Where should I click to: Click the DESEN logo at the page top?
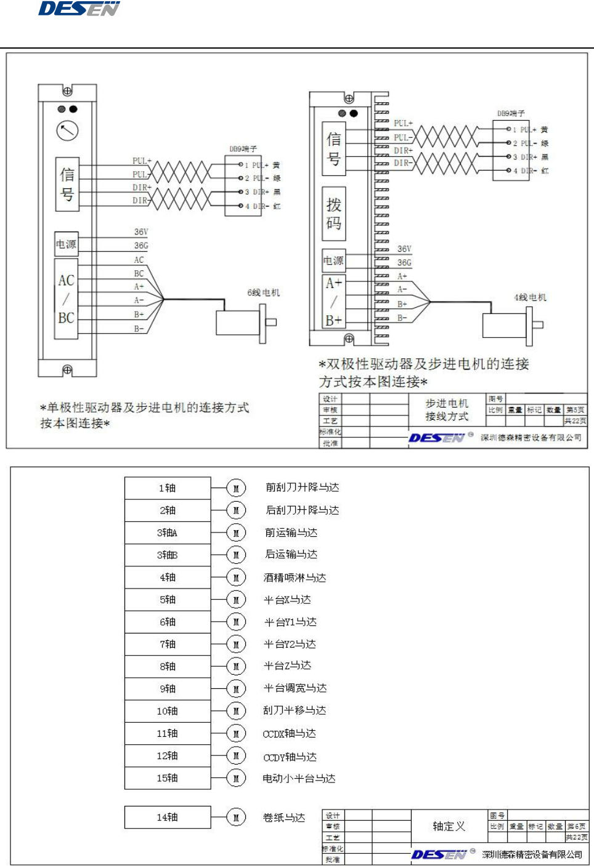79,9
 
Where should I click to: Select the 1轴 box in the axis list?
168,488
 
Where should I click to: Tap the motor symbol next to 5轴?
236,600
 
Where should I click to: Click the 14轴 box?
168,818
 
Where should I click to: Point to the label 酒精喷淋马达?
295,577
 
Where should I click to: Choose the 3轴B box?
168,555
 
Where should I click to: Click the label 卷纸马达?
283,818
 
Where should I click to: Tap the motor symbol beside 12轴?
236,756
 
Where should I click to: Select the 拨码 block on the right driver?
334,214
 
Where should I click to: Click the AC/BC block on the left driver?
67,299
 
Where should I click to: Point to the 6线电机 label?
263,292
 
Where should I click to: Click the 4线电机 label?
530,297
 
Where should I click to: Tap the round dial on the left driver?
67,131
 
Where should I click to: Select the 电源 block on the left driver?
67,244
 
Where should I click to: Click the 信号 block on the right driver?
334,148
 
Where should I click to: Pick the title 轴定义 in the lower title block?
449,826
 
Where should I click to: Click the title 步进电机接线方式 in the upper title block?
447,410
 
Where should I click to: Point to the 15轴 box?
168,778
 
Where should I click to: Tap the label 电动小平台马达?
299,779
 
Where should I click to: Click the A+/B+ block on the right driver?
334,302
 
